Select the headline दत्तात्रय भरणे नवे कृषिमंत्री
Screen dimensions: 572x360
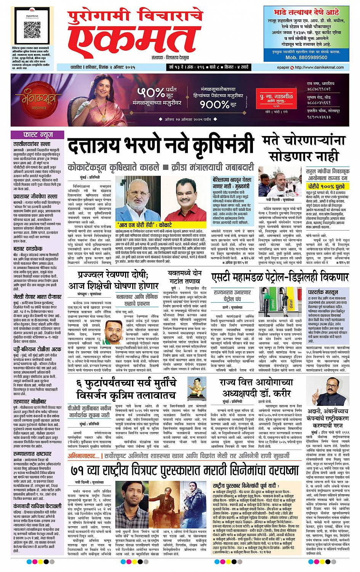click(x=161, y=147)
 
